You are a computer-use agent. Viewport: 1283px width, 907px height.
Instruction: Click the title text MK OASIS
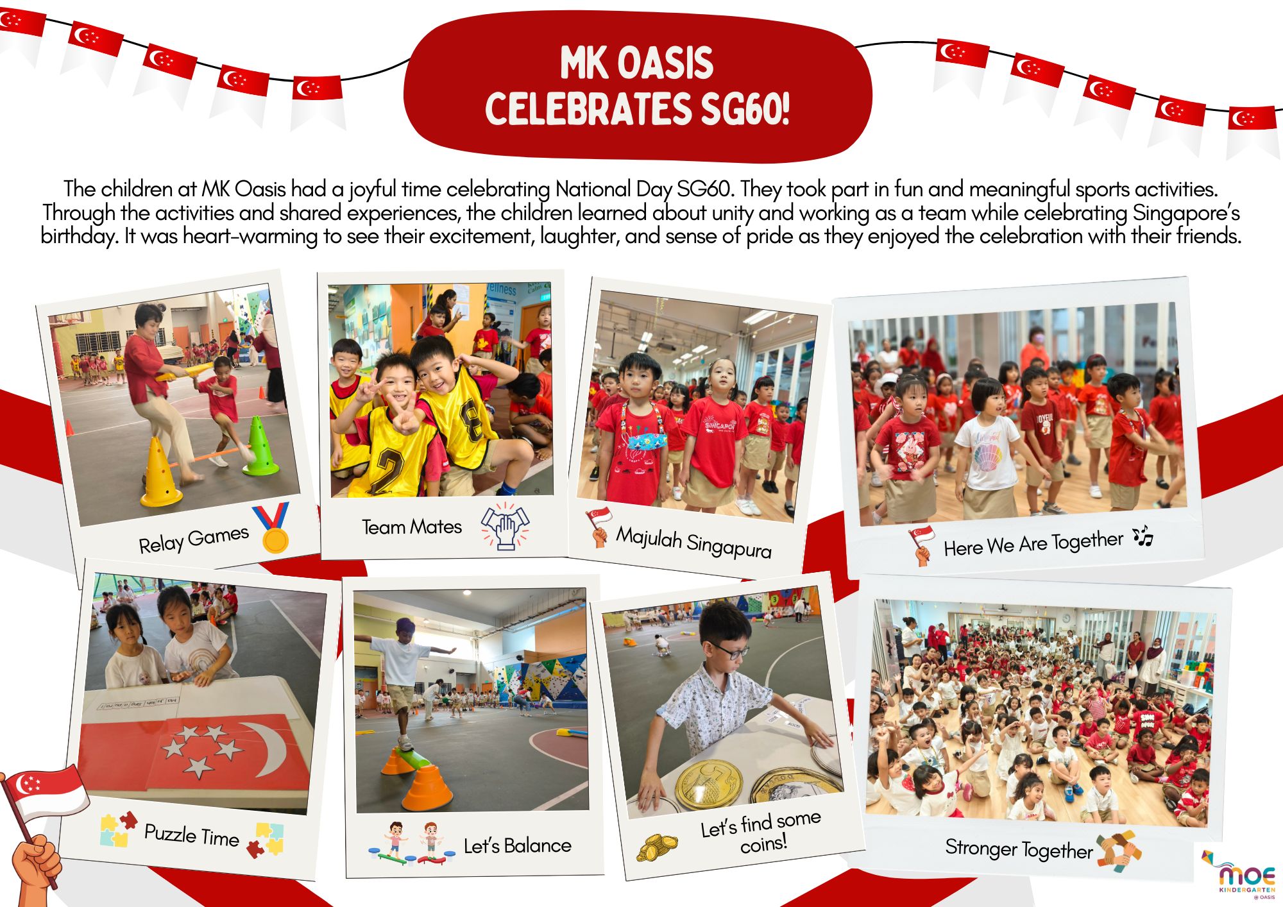636,63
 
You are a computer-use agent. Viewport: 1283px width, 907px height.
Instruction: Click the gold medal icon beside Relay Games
273,527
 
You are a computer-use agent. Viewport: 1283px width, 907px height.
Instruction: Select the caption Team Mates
412,527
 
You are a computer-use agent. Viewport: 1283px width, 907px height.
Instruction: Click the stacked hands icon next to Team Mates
506,525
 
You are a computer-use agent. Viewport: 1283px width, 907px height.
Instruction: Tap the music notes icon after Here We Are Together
1143,536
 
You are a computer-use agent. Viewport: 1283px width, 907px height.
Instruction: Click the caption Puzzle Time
192,835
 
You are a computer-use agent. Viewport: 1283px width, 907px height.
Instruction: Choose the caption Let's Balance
517,845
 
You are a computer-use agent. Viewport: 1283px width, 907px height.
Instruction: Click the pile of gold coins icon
656,847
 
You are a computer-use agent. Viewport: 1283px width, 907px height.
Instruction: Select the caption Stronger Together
1019,849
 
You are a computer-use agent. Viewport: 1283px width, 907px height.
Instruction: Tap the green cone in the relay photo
260,446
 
